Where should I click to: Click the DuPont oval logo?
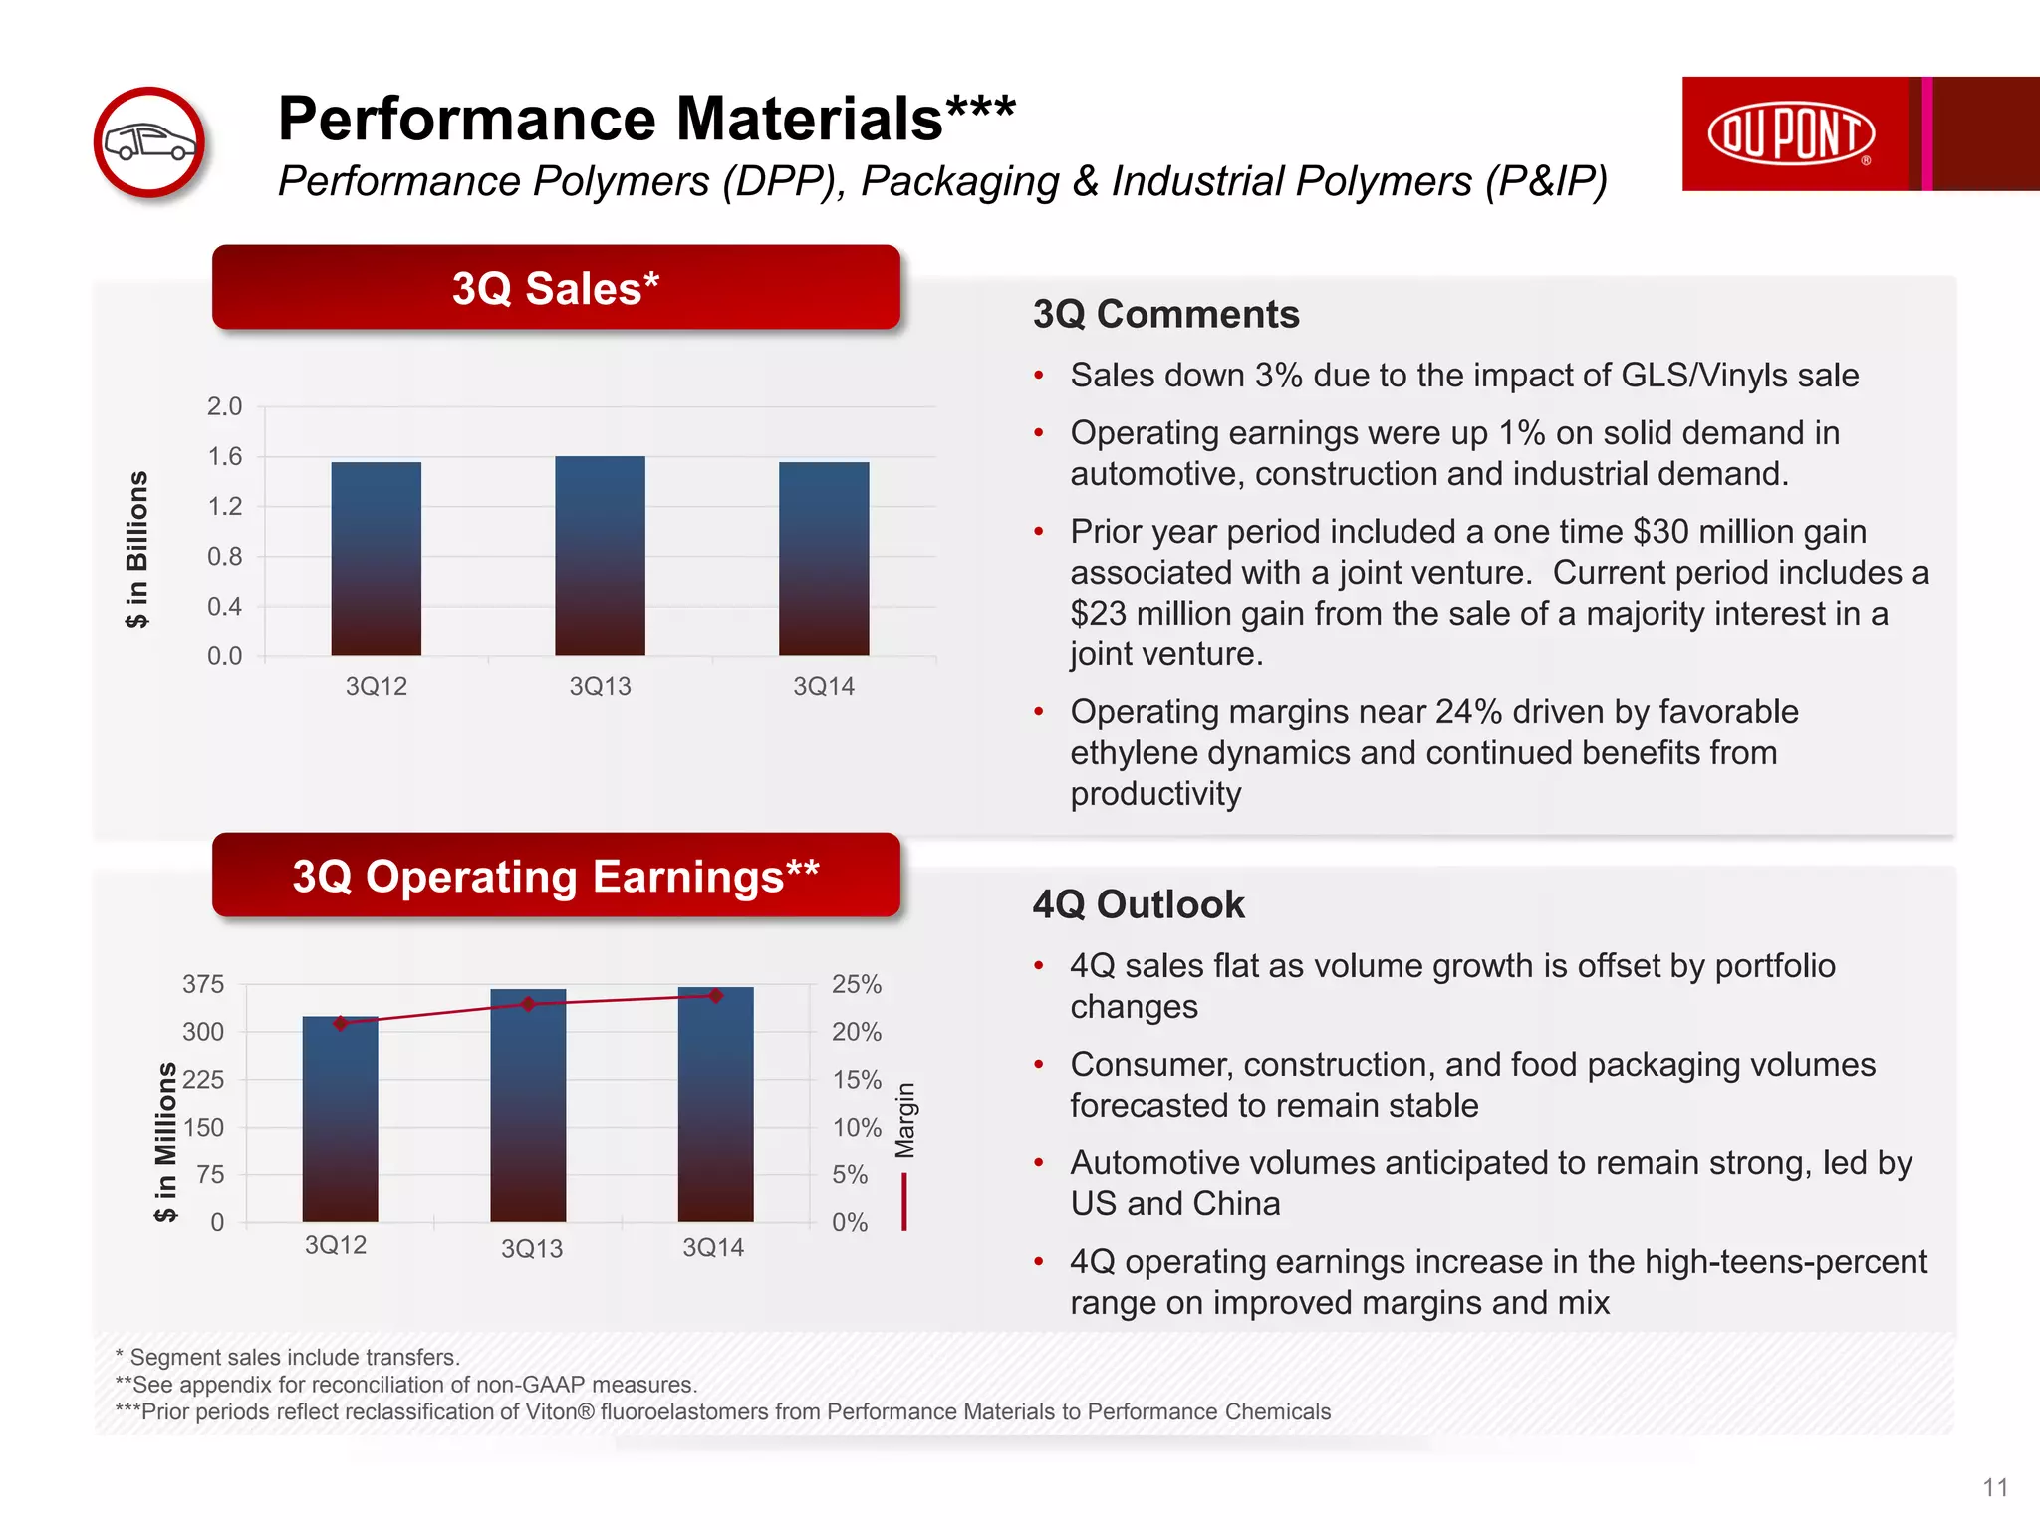(x=1791, y=133)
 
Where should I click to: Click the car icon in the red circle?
(x=150, y=141)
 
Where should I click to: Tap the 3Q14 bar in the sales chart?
(x=824, y=559)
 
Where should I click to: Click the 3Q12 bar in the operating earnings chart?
(x=340, y=1121)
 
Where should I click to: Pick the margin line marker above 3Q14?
(x=715, y=996)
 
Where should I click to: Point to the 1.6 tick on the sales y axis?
(x=224, y=457)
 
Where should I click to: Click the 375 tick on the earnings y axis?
(x=203, y=985)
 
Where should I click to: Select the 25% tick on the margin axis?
(x=857, y=985)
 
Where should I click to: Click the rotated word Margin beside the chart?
(x=904, y=1121)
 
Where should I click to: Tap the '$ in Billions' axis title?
(x=137, y=549)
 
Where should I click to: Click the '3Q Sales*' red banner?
(x=556, y=288)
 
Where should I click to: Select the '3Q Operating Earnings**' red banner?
(x=556, y=876)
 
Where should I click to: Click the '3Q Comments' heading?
(x=1165, y=315)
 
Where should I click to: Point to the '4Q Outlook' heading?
(x=1139, y=905)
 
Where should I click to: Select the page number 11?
(x=1995, y=1487)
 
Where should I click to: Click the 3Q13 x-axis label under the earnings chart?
(x=532, y=1249)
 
